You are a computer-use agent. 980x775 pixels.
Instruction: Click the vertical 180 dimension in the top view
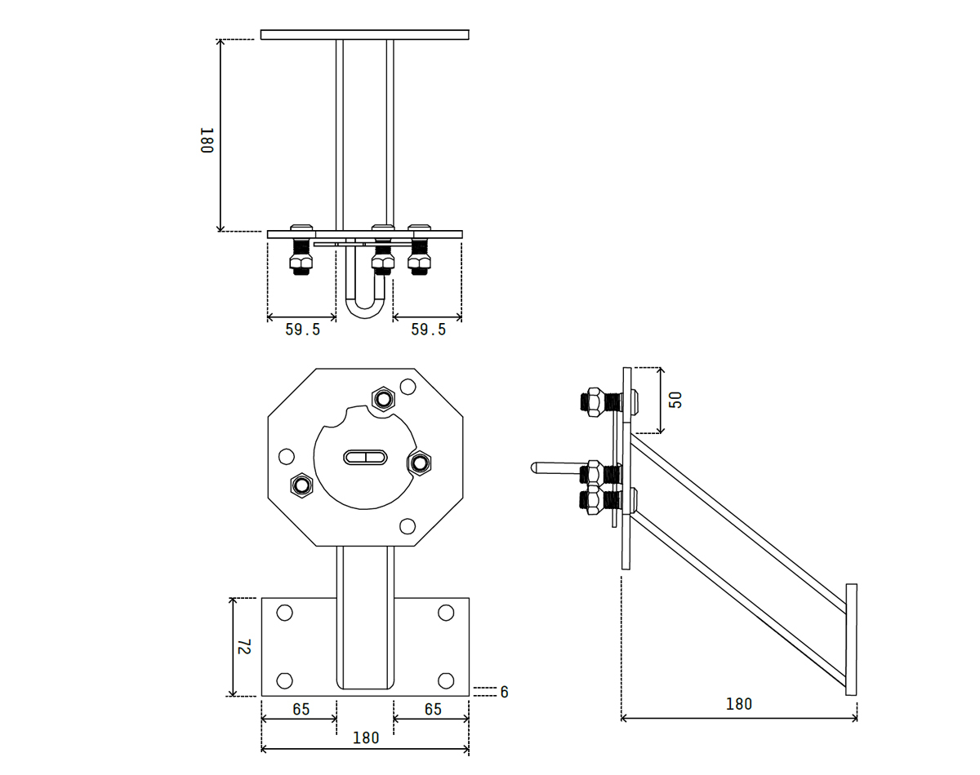point(207,140)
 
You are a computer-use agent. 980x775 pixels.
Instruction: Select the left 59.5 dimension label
point(303,330)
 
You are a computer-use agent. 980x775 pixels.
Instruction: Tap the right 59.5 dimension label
point(429,330)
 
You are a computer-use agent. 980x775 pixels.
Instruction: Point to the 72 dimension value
point(244,647)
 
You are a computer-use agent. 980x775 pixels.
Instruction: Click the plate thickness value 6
point(504,692)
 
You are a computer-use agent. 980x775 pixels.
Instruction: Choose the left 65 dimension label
point(301,709)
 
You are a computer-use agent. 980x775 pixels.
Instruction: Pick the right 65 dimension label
point(433,709)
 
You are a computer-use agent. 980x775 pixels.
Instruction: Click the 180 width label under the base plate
point(366,737)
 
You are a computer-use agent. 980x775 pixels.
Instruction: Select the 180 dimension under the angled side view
point(738,704)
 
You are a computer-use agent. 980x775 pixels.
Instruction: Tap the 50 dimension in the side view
point(676,400)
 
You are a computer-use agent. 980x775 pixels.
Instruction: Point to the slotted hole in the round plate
point(365,457)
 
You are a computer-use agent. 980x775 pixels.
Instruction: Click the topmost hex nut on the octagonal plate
point(384,399)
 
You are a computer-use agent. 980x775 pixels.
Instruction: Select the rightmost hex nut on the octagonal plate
point(419,463)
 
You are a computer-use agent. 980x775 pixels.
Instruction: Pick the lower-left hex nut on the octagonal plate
point(301,485)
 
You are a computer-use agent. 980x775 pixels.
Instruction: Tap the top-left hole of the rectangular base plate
point(285,613)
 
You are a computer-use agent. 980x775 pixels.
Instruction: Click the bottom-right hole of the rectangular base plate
point(446,681)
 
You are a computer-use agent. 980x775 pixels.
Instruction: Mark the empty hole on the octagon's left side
point(287,457)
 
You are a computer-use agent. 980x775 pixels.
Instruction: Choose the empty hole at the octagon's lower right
point(408,526)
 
